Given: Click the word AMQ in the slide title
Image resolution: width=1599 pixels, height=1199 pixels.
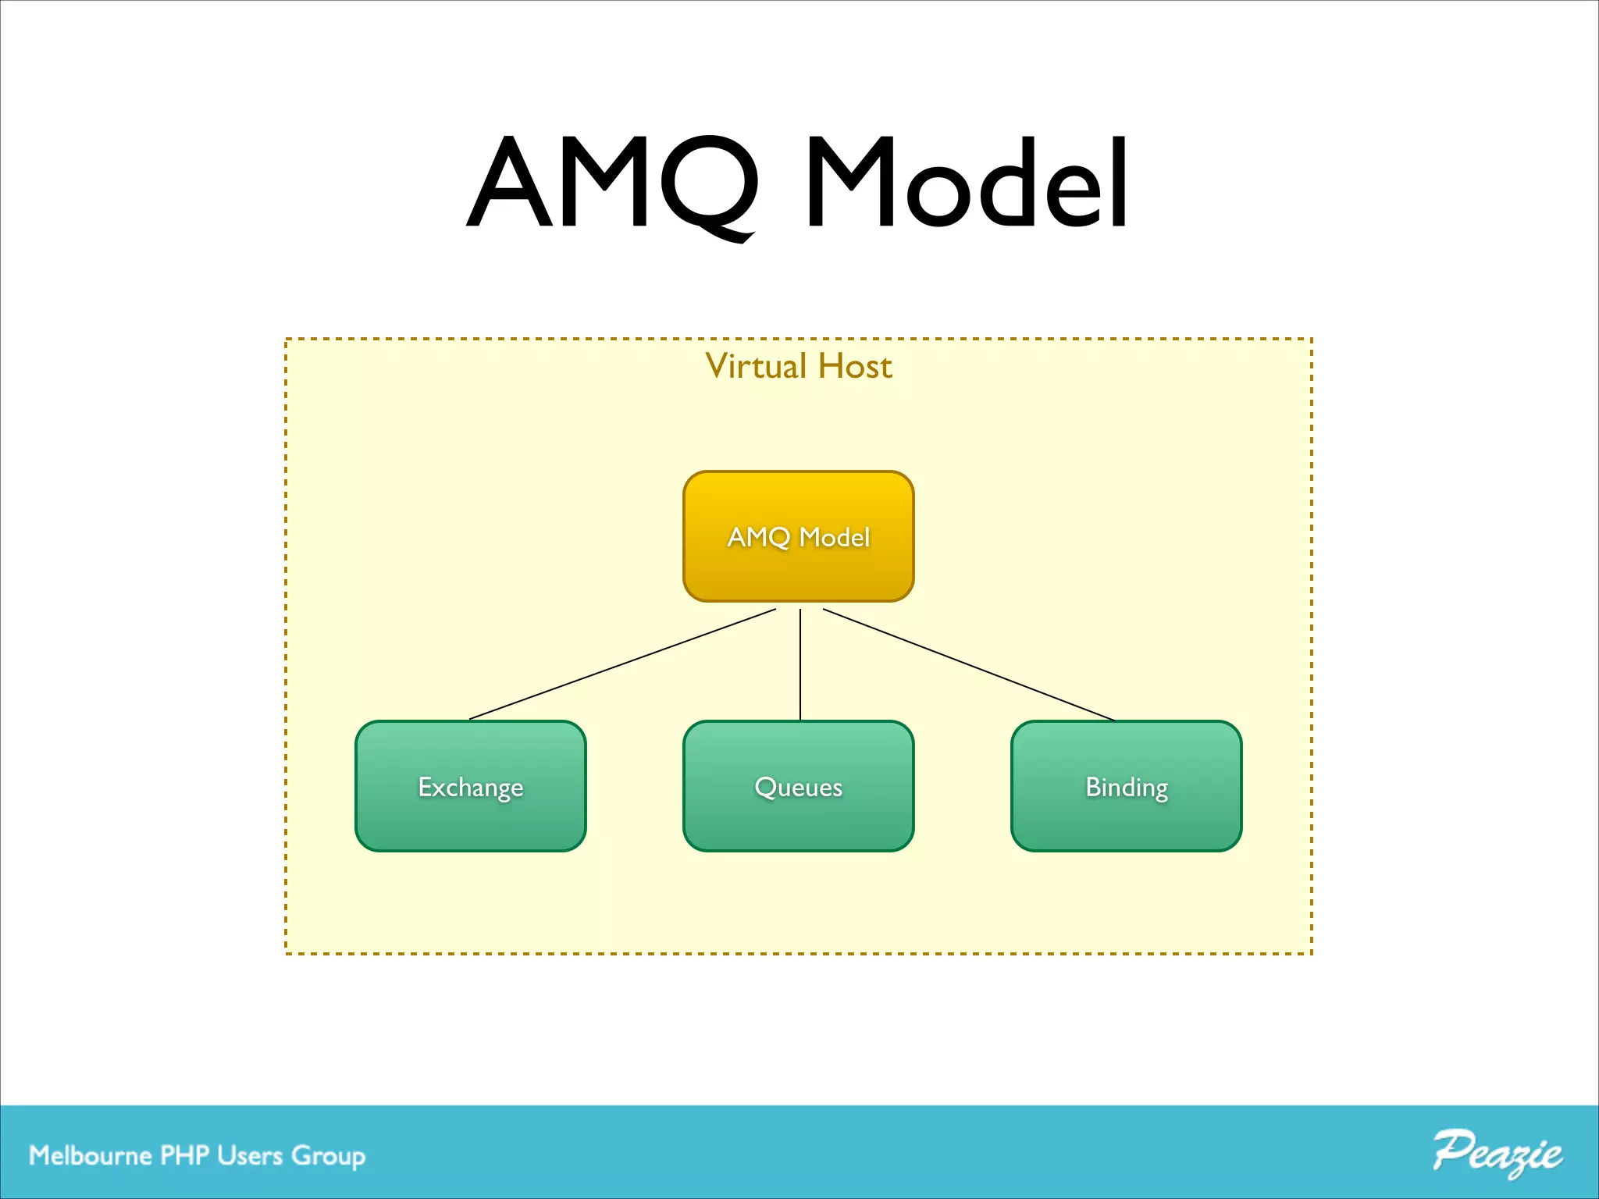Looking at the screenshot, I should [613, 183].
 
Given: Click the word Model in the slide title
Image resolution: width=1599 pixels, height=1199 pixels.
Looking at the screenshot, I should [967, 183].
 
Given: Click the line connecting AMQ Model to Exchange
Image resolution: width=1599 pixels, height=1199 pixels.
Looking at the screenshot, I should [622, 664].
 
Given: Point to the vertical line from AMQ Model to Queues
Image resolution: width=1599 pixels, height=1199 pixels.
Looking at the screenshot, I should [800, 664].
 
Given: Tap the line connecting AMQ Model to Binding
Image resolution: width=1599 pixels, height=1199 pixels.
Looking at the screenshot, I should [968, 664].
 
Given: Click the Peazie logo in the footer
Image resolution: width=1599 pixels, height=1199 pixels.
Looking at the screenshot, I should [1497, 1153].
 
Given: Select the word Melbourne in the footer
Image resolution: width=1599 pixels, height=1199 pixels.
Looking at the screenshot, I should [90, 1155].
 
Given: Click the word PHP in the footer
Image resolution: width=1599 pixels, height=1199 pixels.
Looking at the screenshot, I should [184, 1155].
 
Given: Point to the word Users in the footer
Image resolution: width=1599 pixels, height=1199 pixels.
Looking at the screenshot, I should [250, 1155].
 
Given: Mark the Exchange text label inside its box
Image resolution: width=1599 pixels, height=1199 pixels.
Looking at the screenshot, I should [470, 787].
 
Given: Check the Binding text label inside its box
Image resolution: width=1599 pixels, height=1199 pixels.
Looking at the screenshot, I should [1126, 787].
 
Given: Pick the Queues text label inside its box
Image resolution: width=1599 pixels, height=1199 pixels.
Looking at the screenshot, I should [798, 787].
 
